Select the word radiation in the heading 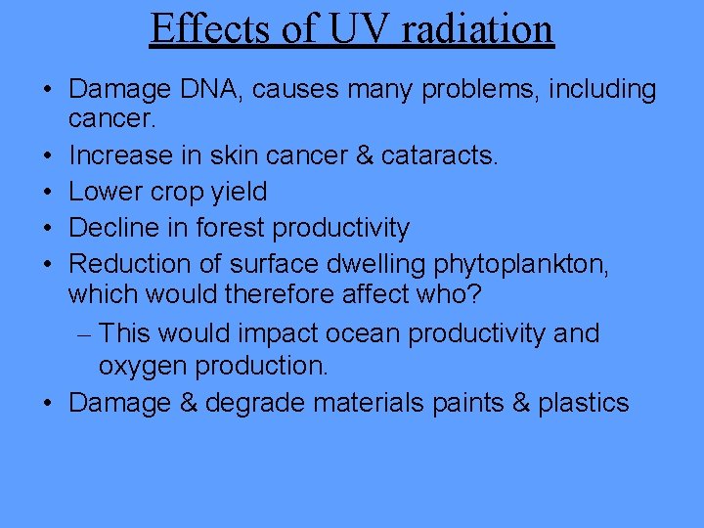point(476,29)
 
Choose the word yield point(237,192)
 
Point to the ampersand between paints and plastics point(519,402)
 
